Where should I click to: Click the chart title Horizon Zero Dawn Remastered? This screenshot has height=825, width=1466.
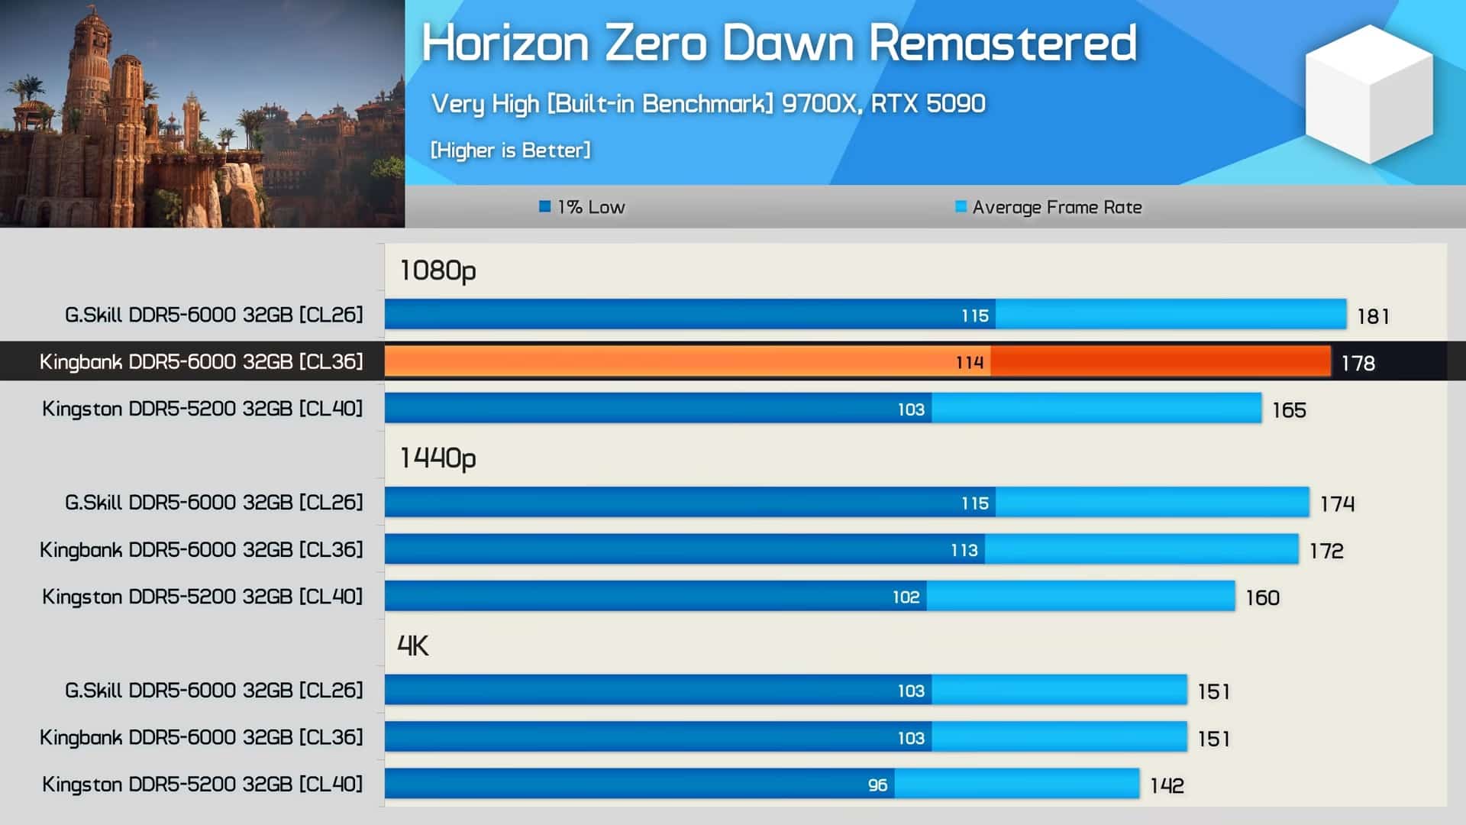click(779, 43)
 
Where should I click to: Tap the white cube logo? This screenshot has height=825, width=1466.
click(1369, 94)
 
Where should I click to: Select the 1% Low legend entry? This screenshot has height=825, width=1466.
click(582, 207)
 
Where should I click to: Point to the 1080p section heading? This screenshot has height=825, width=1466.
click(438, 270)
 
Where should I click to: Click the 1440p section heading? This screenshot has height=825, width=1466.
click(438, 458)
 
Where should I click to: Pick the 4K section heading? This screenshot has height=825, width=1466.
click(413, 646)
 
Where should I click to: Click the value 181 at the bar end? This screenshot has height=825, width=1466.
click(1373, 316)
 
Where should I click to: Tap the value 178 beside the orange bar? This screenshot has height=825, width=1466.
click(1358, 363)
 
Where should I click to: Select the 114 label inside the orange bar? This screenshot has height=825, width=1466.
click(970, 362)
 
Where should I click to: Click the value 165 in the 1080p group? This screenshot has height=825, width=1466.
click(1289, 410)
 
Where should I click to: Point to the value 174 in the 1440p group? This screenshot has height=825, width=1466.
click(1337, 504)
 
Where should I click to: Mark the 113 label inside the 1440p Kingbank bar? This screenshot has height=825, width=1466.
click(964, 550)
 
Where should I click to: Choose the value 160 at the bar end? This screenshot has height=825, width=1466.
click(1263, 597)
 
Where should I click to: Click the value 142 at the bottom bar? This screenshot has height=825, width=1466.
click(1167, 785)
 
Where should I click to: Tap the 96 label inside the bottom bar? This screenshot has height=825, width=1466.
click(877, 785)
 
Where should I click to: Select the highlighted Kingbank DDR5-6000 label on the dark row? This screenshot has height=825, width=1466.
click(202, 361)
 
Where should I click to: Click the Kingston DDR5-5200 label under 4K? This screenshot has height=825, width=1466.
click(202, 785)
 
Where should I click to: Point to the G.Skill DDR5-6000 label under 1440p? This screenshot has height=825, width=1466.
click(214, 503)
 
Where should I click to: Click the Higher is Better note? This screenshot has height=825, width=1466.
click(510, 150)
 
